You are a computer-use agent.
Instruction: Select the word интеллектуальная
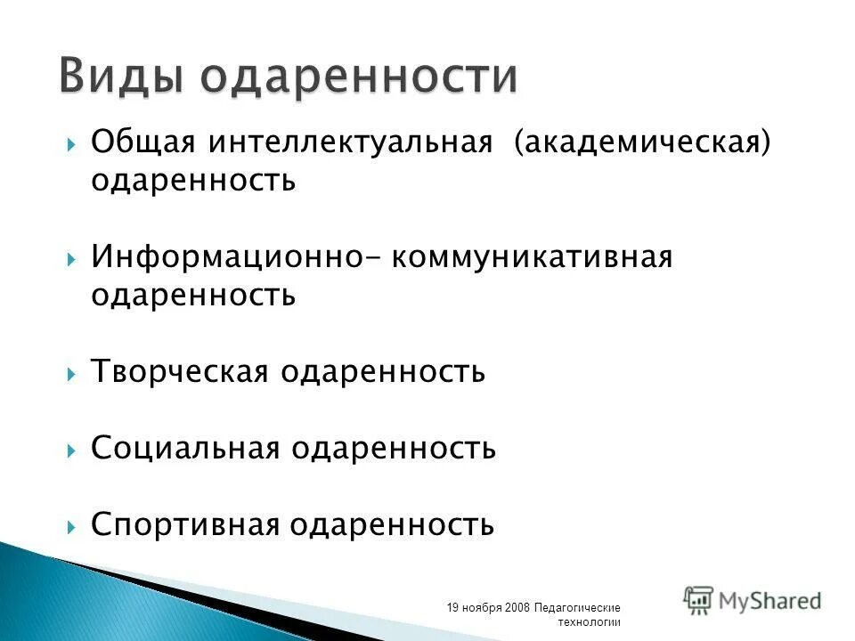tap(351, 142)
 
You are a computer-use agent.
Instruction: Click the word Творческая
tap(179, 372)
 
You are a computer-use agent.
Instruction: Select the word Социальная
tap(185, 448)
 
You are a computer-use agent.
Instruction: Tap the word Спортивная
tap(184, 524)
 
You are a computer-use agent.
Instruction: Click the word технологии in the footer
tap(589, 621)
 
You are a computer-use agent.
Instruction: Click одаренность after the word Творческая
tap(383, 372)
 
